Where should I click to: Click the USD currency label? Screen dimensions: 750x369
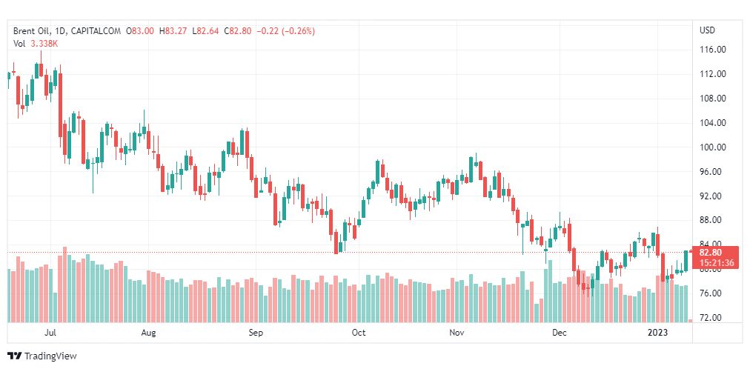click(708, 30)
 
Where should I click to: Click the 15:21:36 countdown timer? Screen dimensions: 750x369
click(716, 262)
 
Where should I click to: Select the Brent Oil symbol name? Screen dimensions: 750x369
click(30, 31)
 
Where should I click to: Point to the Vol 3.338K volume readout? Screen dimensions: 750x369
click(35, 44)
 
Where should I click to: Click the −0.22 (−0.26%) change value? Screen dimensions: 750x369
click(285, 31)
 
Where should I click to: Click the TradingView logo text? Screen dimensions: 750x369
click(50, 356)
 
